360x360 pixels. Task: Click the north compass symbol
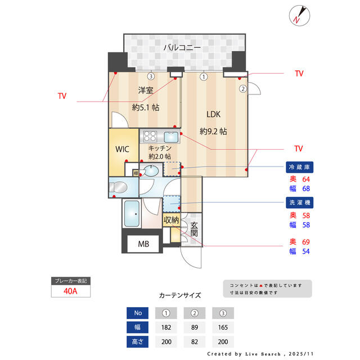(299, 15)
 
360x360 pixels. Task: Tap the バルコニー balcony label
(182, 47)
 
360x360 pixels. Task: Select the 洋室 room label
(146, 90)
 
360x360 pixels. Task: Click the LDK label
(213, 114)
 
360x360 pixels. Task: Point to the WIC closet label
(123, 149)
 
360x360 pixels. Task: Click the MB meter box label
(143, 244)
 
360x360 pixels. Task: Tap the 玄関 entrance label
(194, 229)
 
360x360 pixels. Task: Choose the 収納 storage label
(171, 220)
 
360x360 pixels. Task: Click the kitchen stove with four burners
(150, 136)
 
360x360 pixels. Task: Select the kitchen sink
(171, 137)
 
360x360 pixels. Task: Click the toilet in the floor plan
(118, 187)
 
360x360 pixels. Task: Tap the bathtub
(132, 214)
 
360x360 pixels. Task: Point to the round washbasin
(151, 171)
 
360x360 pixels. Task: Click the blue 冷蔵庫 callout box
(299, 167)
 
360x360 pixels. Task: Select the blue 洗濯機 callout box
(299, 202)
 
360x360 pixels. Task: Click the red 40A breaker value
(70, 291)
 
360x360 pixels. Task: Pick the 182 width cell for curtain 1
(166, 327)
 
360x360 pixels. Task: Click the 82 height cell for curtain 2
(195, 341)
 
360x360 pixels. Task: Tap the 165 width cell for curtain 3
(223, 327)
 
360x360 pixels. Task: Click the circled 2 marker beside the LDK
(243, 89)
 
